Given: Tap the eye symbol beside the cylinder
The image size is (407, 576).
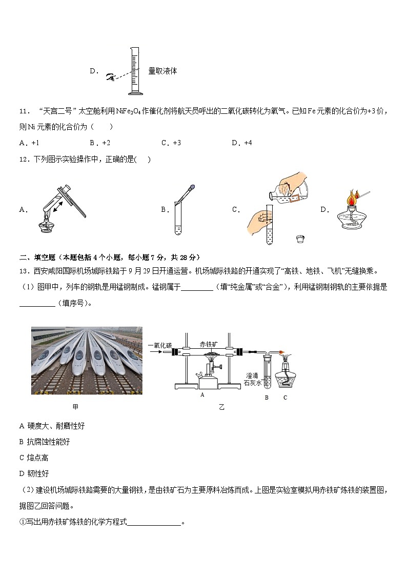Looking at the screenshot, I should point(110,77).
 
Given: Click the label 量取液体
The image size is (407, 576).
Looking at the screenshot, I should point(162,71).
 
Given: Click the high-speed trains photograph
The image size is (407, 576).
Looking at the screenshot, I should point(87,360).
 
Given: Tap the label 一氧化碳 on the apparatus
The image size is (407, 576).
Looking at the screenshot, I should point(160,345).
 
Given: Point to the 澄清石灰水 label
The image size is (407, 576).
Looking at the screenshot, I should point(253,379).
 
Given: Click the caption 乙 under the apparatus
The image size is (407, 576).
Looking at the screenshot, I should point(221,407).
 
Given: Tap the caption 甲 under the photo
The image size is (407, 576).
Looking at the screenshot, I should point(76,407).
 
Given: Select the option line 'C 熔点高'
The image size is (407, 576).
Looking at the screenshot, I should point(34,458).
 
